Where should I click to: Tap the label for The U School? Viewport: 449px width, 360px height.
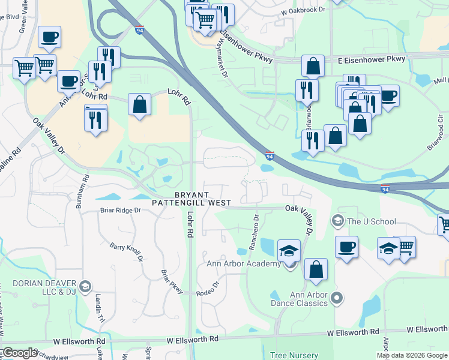pyautogui.click(x=372, y=221)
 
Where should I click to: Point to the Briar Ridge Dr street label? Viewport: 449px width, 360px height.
pyautogui.click(x=120, y=211)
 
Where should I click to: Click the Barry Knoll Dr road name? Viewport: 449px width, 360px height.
pyautogui.click(x=126, y=251)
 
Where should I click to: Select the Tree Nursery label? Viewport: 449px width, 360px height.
pyautogui.click(x=293, y=355)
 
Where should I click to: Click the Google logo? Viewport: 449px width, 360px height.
pyautogui.click(x=20, y=353)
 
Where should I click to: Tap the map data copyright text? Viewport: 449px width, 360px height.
pyautogui.click(x=411, y=355)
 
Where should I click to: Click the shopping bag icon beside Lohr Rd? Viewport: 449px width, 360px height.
pyautogui.click(x=139, y=105)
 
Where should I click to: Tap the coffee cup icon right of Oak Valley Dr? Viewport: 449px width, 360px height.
pyautogui.click(x=346, y=247)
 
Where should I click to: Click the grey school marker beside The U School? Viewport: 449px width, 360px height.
pyautogui.click(x=337, y=221)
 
